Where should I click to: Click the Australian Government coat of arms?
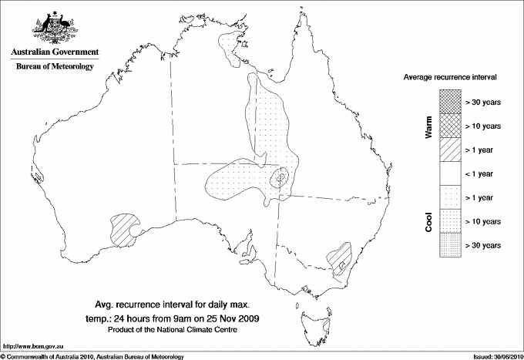pos(54,26)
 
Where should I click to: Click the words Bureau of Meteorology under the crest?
pos(54,67)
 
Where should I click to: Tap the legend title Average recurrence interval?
pos(450,79)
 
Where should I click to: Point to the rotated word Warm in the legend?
pos(428,126)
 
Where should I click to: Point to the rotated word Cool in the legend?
pos(428,221)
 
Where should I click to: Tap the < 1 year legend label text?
pos(482,173)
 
